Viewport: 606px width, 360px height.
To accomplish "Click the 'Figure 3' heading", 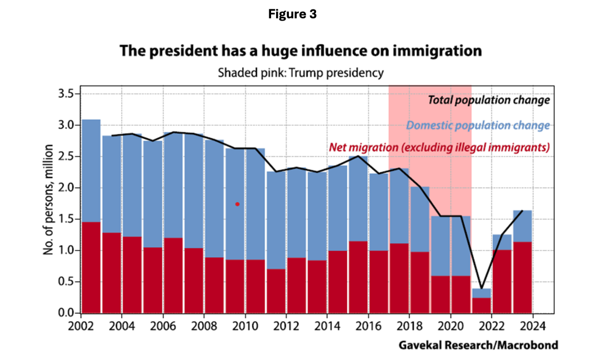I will point(292,15).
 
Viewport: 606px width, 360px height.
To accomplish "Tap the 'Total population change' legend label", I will point(489,100).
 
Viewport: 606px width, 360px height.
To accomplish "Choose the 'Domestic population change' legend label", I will point(478,125).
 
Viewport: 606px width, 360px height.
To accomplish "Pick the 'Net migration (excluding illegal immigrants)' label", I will point(439,147).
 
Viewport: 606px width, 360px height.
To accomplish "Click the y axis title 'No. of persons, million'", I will point(49,199).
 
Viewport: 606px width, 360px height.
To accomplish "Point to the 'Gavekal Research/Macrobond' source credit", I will point(478,346).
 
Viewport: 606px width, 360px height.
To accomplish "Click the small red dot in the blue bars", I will point(238,204).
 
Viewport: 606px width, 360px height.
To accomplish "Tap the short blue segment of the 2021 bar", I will point(482,293).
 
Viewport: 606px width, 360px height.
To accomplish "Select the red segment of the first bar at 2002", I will point(91,267).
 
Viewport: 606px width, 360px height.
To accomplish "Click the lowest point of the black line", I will point(482,287).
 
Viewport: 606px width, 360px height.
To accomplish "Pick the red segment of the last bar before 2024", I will point(523,277).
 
